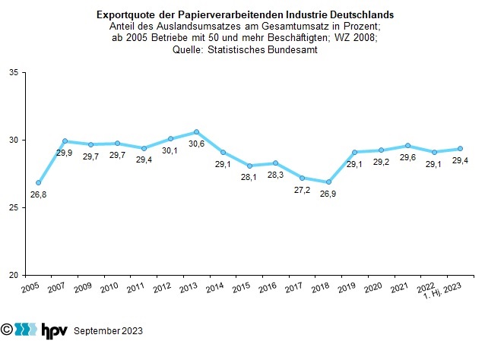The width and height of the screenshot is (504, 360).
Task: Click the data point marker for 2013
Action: [x=197, y=132]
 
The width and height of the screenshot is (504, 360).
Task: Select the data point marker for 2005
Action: [x=39, y=183]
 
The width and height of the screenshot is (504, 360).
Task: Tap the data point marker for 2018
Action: [x=328, y=182]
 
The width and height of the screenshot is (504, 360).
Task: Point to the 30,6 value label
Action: [x=197, y=145]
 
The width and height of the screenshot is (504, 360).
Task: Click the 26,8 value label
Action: [x=39, y=196]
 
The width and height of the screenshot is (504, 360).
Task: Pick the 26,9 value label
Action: [x=328, y=195]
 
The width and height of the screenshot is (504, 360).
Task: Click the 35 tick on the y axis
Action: [x=14, y=73]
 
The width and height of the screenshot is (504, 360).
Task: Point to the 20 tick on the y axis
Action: [x=14, y=275]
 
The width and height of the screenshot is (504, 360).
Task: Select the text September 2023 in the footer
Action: [x=108, y=331]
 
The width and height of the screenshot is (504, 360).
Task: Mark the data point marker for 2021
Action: [x=407, y=146]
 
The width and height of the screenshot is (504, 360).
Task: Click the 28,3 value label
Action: [x=276, y=176]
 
